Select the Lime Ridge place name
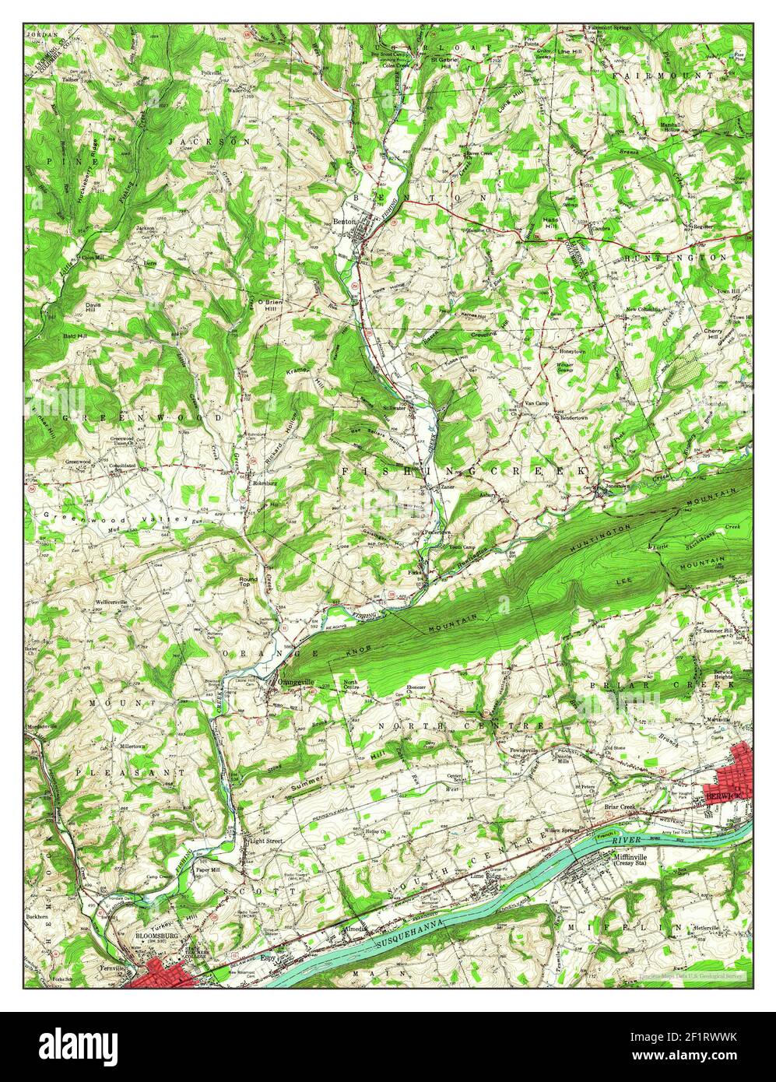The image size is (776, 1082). point(488,876)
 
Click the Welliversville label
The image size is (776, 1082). point(111,602)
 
